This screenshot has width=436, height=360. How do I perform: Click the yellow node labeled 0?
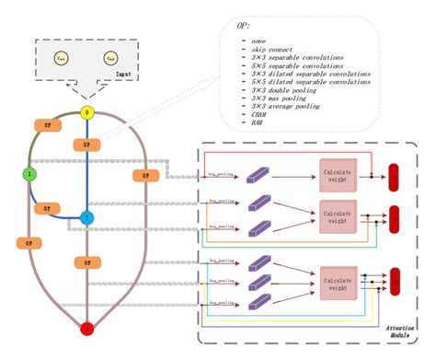(88, 113)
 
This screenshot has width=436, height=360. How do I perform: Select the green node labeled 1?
(29, 172)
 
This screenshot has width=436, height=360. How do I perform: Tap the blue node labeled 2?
(88, 217)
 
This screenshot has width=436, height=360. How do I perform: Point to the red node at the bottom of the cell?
(88, 328)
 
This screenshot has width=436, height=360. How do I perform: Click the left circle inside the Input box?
(61, 60)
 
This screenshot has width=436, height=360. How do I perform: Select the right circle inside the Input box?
(110, 60)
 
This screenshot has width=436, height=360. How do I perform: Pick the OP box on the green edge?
(43, 124)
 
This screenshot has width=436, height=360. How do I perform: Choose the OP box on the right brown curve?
(144, 175)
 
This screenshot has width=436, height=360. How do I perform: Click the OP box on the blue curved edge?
(45, 208)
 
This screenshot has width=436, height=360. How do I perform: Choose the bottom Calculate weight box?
(336, 277)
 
